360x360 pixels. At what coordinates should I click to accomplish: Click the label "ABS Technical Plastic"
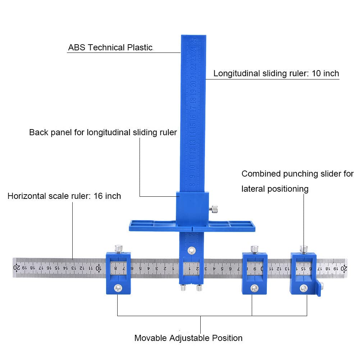pyautogui.click(x=110, y=47)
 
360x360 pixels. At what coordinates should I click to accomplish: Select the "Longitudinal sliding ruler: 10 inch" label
pyautogui.click(x=276, y=74)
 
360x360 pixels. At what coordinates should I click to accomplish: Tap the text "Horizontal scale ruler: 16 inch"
pyautogui.click(x=64, y=196)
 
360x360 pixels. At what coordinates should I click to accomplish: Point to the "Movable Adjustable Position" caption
pyautogui.click(x=188, y=338)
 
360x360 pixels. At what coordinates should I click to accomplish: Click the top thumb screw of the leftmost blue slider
pyautogui.click(x=118, y=248)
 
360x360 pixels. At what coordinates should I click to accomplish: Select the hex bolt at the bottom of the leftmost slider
pyautogui.click(x=118, y=288)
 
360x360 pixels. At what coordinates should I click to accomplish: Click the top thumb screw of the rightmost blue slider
pyautogui.click(x=304, y=248)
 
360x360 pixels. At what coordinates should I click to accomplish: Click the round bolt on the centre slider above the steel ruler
pyautogui.click(x=191, y=250)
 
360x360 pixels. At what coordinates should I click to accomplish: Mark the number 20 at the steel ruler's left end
pyautogui.click(x=17, y=268)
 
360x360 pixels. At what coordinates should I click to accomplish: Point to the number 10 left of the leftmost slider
pyautogui.click(x=98, y=268)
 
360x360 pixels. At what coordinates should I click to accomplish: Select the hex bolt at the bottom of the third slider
pyautogui.click(x=255, y=288)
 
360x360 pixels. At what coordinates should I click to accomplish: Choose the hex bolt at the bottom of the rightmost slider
pyautogui.click(x=304, y=288)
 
